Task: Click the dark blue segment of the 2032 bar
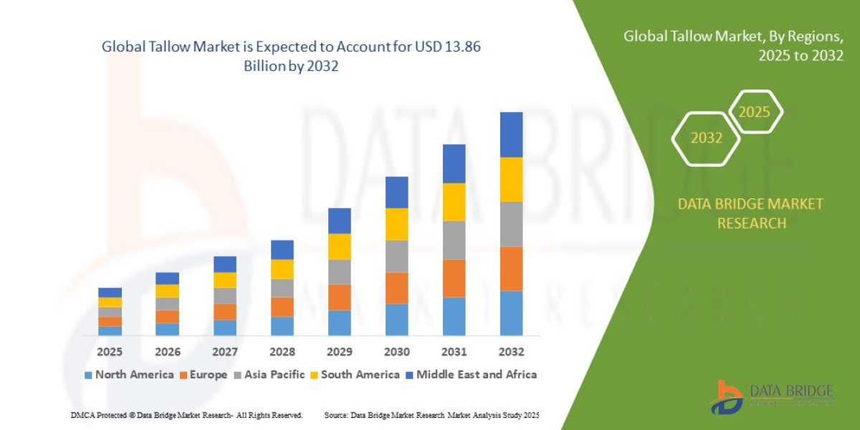click(511, 134)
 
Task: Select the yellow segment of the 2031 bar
click(454, 201)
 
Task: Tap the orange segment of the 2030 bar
click(396, 287)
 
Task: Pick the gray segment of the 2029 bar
click(339, 272)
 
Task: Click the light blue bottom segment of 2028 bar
click(282, 325)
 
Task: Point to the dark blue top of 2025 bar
click(110, 292)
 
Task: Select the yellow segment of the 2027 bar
click(224, 279)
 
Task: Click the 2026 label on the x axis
click(167, 352)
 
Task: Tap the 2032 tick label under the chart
click(511, 352)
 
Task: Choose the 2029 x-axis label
click(339, 352)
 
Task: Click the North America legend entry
click(129, 374)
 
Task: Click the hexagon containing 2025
click(754, 112)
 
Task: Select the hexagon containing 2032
click(706, 138)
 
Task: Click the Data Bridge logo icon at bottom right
click(727, 396)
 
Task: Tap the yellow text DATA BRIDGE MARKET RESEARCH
click(750, 214)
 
